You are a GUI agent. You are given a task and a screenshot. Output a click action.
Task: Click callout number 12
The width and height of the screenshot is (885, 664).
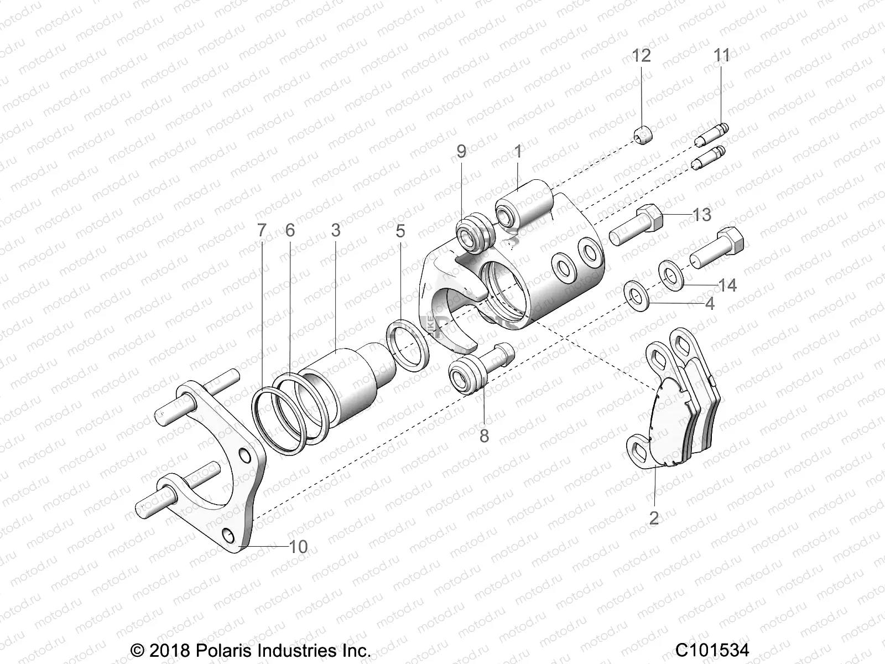click(642, 56)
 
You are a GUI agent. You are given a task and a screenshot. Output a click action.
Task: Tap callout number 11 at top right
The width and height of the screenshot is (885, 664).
click(722, 55)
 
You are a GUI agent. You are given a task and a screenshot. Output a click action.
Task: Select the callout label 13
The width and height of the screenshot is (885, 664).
click(701, 214)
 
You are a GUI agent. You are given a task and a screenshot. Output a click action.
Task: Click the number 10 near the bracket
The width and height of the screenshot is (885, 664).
click(298, 547)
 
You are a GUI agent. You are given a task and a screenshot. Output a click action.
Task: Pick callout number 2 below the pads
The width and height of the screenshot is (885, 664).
click(654, 518)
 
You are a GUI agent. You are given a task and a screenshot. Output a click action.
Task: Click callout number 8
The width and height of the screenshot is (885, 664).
click(484, 436)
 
